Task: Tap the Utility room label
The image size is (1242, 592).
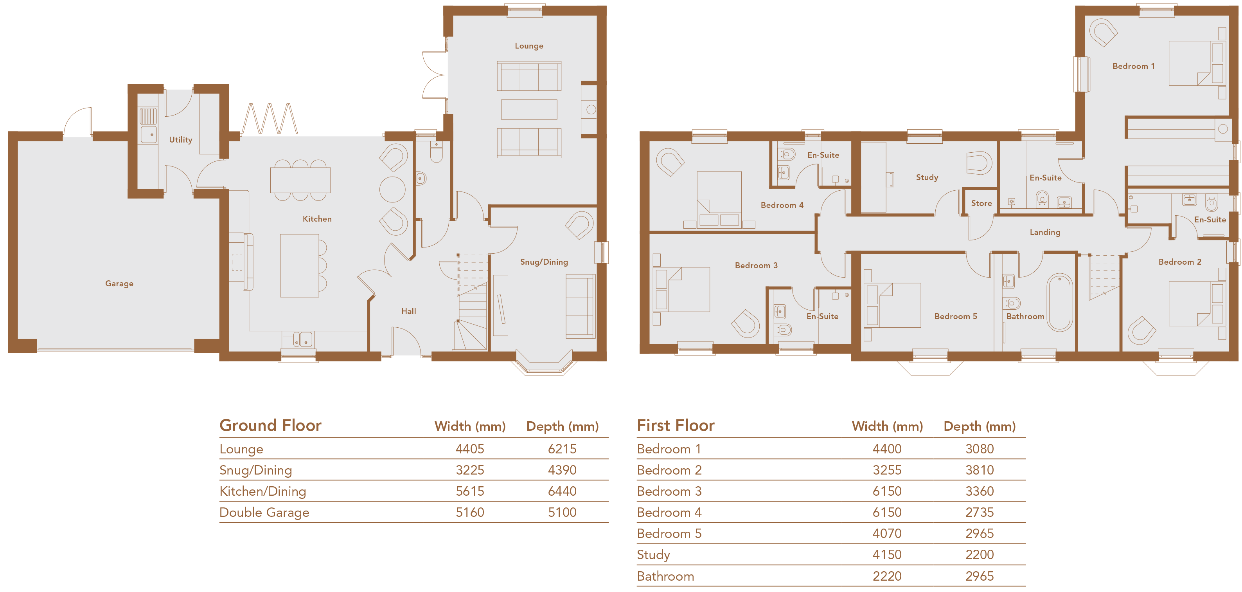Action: pyautogui.click(x=180, y=139)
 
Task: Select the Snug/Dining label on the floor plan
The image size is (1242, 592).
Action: pyautogui.click(x=544, y=262)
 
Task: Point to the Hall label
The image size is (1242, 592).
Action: pyautogui.click(x=408, y=311)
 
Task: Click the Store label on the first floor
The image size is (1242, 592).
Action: pyautogui.click(x=981, y=203)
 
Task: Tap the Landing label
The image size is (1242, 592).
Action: pyautogui.click(x=1045, y=232)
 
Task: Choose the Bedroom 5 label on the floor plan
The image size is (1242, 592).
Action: pyautogui.click(x=956, y=316)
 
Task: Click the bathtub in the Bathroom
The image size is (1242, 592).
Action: pyautogui.click(x=1059, y=302)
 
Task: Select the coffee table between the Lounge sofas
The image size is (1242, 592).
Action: pyautogui.click(x=529, y=110)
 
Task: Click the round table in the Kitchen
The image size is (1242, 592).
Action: pyautogui.click(x=392, y=189)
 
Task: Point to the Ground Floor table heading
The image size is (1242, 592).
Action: pyautogui.click(x=270, y=425)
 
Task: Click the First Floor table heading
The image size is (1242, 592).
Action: pyautogui.click(x=676, y=425)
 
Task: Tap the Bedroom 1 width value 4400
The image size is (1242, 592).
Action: pyautogui.click(x=887, y=449)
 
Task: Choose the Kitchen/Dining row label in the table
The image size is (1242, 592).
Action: pyautogui.click(x=263, y=491)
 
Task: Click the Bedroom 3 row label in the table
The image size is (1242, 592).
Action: pyautogui.click(x=669, y=491)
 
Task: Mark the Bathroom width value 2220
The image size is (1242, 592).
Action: pyautogui.click(x=887, y=576)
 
